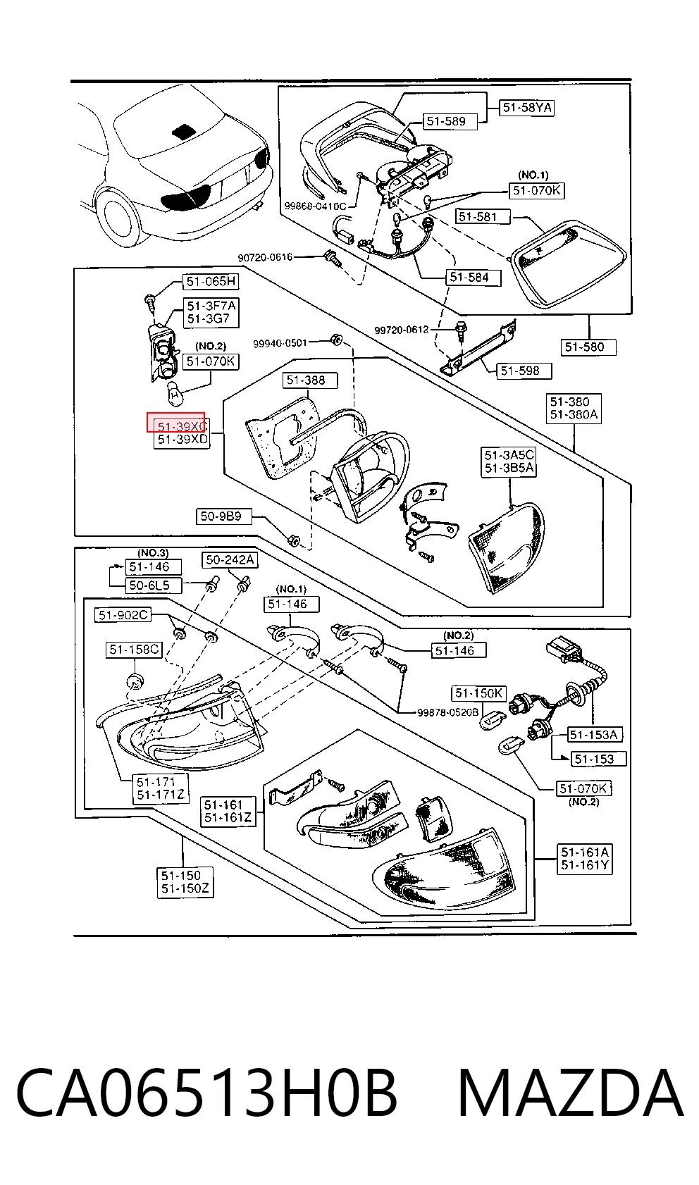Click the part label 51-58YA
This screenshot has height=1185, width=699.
[x=527, y=108]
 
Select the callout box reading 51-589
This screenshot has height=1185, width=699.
[x=446, y=122]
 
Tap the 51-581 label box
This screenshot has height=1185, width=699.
[x=478, y=216]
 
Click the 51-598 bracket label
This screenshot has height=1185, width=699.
[x=520, y=371]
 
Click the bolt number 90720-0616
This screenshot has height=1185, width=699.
[x=265, y=258]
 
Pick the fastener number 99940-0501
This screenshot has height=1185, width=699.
[x=280, y=343]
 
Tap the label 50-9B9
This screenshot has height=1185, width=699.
[x=221, y=516]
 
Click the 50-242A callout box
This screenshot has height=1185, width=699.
[x=230, y=559]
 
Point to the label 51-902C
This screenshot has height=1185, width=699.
[x=123, y=615]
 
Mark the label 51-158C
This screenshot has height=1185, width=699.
[x=135, y=649]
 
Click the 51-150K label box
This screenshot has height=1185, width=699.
[x=479, y=693]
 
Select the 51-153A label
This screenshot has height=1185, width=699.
[x=594, y=735]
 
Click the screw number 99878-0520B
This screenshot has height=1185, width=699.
[x=447, y=712]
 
